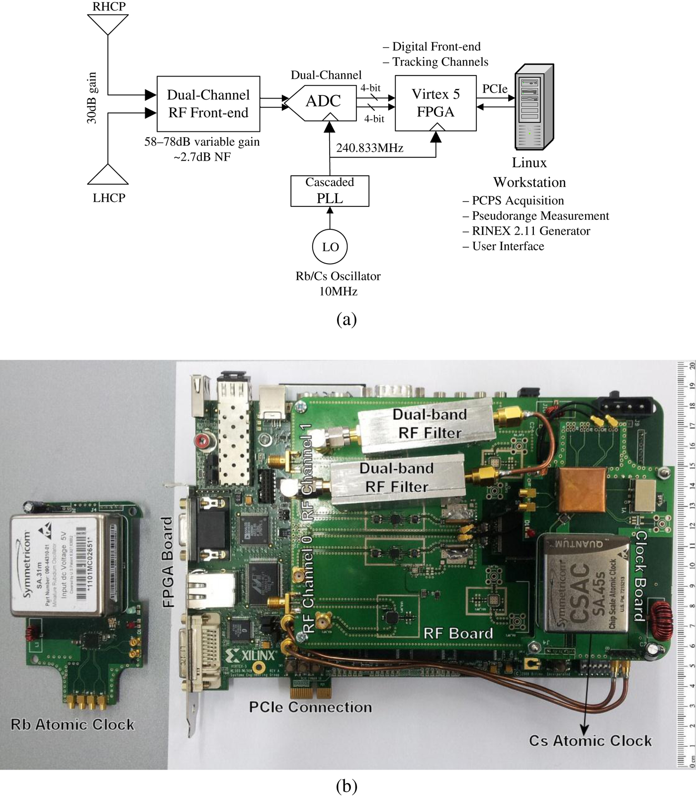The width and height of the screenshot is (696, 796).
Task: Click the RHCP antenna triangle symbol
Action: click(108, 23)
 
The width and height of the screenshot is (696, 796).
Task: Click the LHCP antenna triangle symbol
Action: click(108, 176)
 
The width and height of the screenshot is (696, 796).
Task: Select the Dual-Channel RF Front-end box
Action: click(208, 103)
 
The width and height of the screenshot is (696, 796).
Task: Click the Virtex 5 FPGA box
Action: click(435, 103)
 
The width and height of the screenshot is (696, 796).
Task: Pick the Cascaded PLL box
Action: click(330, 191)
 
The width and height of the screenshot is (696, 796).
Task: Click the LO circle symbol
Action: click(330, 247)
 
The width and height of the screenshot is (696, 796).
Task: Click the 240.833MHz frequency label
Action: click(369, 148)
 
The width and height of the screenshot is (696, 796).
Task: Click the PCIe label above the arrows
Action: click(495, 89)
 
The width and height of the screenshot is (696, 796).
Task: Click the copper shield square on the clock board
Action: click(581, 489)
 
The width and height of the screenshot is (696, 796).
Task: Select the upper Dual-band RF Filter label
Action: click(430, 423)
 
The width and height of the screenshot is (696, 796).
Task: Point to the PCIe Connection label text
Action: click(310, 707)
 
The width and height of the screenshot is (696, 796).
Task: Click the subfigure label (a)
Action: click(347, 319)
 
